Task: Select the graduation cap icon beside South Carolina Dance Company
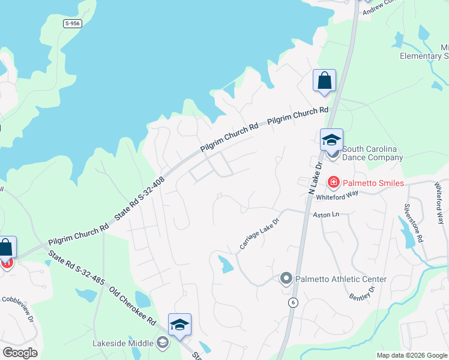pyautogui.click(x=331, y=140)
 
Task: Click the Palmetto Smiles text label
pyautogui.click(x=373, y=182)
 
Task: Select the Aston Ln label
pyautogui.click(x=325, y=214)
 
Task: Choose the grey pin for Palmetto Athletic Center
pyautogui.click(x=286, y=278)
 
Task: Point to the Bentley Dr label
pyautogui.click(x=361, y=293)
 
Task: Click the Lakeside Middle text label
pyautogui.click(x=122, y=344)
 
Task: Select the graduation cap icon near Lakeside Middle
pyautogui.click(x=179, y=325)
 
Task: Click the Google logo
pyautogui.click(x=20, y=353)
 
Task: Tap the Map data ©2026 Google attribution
pyautogui.click(x=411, y=355)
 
